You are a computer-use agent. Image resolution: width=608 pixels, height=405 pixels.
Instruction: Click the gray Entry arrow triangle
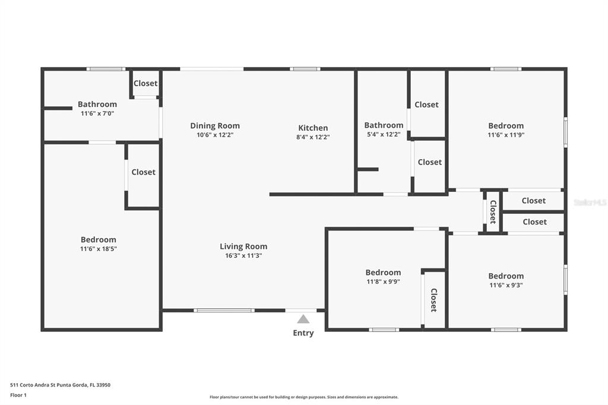point(303,319)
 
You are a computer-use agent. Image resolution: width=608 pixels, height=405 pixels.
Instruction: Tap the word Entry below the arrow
point(303,333)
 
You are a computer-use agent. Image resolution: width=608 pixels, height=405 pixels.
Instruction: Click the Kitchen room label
point(313,128)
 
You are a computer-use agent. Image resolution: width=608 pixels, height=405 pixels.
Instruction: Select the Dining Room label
point(215,126)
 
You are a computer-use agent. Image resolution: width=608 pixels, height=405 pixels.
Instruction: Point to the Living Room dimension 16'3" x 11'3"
point(243,255)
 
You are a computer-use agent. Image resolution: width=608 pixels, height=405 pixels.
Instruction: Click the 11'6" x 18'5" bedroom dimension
point(99,249)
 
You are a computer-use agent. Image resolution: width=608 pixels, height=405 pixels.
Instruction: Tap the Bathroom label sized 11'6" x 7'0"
point(97,104)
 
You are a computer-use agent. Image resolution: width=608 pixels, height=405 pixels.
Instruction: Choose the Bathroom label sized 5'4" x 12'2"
point(384,125)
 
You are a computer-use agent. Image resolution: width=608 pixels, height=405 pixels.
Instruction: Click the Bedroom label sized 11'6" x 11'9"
point(506,126)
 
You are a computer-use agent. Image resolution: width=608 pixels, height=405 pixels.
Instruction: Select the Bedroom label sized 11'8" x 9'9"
point(383,273)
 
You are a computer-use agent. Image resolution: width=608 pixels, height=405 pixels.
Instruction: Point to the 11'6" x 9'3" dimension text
point(506,285)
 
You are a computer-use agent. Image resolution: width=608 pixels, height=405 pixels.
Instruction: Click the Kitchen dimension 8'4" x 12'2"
point(313,137)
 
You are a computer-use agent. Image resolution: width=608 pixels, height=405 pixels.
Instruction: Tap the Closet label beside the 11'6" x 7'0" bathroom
point(145,83)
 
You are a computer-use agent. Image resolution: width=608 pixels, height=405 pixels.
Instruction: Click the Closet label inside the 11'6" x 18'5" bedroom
point(144,172)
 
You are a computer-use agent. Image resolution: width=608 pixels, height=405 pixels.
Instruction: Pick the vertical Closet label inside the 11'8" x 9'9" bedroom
point(434,300)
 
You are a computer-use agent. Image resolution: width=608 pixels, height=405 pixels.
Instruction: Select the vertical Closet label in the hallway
point(493,212)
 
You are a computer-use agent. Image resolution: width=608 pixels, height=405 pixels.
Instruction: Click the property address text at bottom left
point(60,385)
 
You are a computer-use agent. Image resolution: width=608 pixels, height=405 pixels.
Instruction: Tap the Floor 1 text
point(18,395)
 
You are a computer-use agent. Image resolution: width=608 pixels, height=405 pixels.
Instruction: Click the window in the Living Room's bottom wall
point(224,311)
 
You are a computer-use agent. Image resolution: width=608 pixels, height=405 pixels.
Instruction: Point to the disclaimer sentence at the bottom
point(304,397)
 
